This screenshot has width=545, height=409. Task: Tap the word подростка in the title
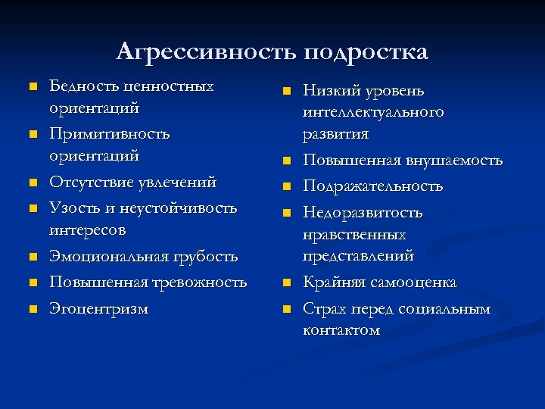pyautogui.click(x=366, y=53)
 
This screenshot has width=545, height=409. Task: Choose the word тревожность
pyautogui.click(x=201, y=283)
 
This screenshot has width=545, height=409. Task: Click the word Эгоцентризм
pyautogui.click(x=99, y=308)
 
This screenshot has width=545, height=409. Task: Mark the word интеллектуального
pyautogui.click(x=373, y=112)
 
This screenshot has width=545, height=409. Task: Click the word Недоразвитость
pyautogui.click(x=363, y=213)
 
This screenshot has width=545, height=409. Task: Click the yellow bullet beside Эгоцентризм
pyautogui.click(x=33, y=308)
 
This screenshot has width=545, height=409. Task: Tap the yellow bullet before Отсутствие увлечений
pyautogui.click(x=33, y=183)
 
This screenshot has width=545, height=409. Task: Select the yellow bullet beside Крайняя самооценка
pyautogui.click(x=287, y=283)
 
